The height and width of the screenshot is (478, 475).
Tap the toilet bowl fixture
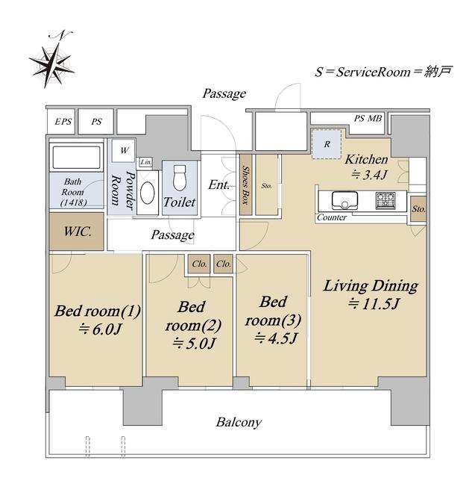[180, 178]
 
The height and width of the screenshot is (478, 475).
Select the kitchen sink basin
[345, 201]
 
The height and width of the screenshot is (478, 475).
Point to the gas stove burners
[386, 201]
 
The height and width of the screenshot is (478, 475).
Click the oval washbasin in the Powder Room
[148, 193]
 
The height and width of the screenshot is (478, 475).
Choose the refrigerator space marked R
[326, 144]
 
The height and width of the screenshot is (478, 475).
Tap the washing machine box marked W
[124, 150]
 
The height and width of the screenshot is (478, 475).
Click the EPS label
[63, 122]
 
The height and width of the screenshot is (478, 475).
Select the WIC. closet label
[78, 232]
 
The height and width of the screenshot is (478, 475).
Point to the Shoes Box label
[246, 185]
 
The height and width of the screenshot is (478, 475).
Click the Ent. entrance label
[218, 184]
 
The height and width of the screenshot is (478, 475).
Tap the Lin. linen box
[146, 162]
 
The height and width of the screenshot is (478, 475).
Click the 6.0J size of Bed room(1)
[101, 329]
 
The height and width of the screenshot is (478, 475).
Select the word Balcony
[239, 422]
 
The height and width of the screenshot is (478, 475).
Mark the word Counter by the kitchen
[332, 217]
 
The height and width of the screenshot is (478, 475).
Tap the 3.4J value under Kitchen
[370, 175]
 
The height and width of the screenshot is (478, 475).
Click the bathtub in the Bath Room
[76, 158]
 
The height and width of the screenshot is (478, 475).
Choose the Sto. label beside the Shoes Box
[266, 186]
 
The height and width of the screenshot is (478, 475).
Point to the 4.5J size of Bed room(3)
[276, 338]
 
